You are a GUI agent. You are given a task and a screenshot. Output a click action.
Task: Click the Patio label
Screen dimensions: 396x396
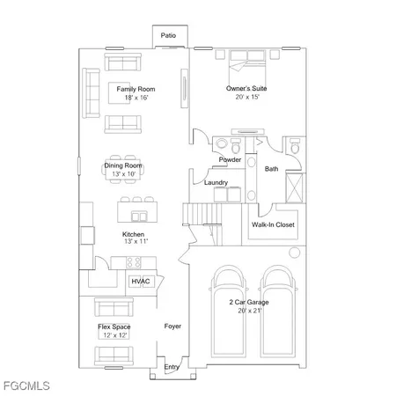[168, 36]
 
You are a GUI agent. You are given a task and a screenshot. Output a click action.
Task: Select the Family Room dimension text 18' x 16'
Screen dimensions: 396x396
[129, 98]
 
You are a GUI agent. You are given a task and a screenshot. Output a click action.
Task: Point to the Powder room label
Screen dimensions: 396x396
[230, 160]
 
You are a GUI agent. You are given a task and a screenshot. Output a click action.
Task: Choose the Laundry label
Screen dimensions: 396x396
[216, 183]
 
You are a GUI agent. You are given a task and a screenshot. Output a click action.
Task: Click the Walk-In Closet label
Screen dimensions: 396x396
[273, 225]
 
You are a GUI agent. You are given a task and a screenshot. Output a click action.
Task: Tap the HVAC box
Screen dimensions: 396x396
[141, 282]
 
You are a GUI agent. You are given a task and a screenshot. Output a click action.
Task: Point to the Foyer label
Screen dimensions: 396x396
[172, 326]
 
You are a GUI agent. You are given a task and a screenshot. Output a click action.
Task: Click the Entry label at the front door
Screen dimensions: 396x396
[171, 368]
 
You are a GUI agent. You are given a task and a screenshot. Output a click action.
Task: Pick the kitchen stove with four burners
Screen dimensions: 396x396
[133, 261]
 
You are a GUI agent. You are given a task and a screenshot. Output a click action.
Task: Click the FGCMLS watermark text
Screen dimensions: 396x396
[26, 385]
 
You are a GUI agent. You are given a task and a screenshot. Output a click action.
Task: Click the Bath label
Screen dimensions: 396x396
[272, 168]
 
